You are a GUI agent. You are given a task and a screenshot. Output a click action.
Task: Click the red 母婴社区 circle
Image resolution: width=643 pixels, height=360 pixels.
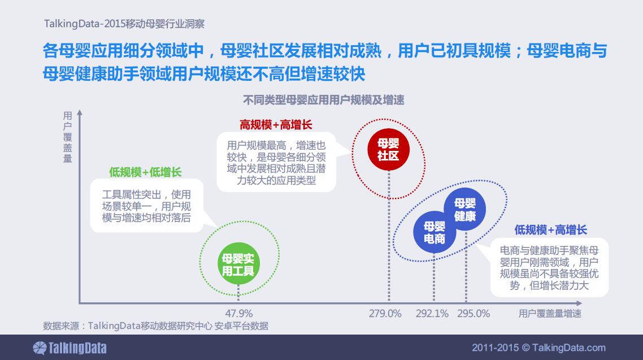tap(388, 149)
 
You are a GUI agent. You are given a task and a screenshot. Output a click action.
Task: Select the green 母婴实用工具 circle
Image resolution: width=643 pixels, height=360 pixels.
tap(238, 264)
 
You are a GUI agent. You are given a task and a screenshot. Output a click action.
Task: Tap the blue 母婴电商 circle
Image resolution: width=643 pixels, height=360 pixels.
tap(435, 232)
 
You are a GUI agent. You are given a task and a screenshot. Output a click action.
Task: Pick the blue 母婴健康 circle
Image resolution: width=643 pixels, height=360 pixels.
tap(464, 209)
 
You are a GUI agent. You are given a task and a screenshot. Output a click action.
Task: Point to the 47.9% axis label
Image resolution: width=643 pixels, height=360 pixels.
tap(239, 314)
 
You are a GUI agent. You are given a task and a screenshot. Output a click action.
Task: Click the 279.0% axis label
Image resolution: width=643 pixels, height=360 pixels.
tap(385, 314)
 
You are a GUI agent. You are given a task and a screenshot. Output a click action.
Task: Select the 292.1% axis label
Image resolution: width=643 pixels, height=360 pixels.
tap(432, 314)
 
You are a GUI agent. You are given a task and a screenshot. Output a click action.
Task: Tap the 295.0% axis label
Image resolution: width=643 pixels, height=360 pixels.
tap(473, 314)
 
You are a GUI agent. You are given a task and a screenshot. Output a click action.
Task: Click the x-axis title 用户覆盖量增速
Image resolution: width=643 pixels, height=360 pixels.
tap(550, 314)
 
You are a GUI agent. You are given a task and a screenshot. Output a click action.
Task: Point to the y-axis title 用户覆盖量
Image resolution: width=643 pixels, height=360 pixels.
tap(68, 137)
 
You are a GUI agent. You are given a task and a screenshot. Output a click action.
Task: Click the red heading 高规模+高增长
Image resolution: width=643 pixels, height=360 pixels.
tap(276, 125)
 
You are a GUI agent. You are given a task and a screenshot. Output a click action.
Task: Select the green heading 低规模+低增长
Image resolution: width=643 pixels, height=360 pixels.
tap(145, 172)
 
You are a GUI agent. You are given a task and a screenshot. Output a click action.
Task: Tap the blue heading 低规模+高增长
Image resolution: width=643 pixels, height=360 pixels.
tap(551, 229)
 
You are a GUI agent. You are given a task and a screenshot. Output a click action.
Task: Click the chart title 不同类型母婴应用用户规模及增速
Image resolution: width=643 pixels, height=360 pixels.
tap(324, 100)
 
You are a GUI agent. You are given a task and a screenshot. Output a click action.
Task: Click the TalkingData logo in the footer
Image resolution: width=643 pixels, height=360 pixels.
tap(69, 348)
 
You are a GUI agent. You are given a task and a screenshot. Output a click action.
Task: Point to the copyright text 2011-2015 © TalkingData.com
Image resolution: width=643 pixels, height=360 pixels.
tap(539, 348)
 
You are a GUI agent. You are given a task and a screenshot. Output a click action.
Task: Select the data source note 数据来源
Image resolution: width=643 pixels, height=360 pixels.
tap(156, 326)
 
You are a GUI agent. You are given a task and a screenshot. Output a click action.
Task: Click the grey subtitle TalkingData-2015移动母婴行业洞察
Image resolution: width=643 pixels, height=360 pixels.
tap(124, 24)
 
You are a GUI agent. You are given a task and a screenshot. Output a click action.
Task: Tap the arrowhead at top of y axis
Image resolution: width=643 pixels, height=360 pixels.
tap(80, 112)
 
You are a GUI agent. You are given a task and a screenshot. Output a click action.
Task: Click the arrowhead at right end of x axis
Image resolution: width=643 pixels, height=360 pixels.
tap(579, 303)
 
